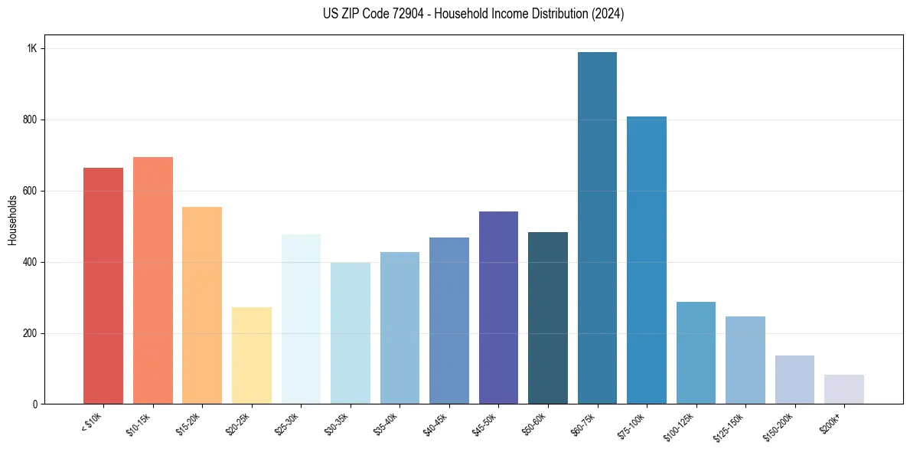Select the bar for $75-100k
pyautogui.click(x=647, y=260)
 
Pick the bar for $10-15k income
pyautogui.click(x=153, y=280)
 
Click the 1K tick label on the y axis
pyautogui.click(x=32, y=48)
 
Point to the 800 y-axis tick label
pyautogui.click(x=30, y=120)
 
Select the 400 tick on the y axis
pyautogui.click(x=30, y=262)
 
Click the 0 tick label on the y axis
pyautogui.click(x=34, y=405)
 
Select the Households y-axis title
pyautogui.click(x=13, y=220)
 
